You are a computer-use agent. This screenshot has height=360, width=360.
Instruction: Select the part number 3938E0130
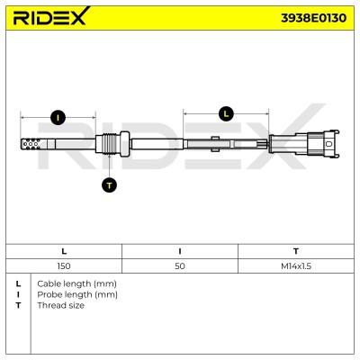tap(313, 18)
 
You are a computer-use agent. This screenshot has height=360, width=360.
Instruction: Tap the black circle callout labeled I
tap(58, 117)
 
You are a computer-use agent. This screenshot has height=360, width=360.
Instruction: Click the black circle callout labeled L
tap(226, 113)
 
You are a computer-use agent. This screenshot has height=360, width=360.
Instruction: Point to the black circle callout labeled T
tap(109, 185)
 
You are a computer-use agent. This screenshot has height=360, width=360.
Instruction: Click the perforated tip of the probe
tap(31, 144)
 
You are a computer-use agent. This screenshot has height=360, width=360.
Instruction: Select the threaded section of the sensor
tap(108, 144)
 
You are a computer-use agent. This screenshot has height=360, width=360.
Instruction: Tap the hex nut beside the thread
tap(124, 144)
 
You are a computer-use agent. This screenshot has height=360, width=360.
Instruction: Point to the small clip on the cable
tap(215, 144)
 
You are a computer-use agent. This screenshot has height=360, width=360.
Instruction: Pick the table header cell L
tap(64, 251)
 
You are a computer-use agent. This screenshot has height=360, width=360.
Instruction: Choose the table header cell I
tap(180, 251)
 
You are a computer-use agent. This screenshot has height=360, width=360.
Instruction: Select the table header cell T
tap(296, 251)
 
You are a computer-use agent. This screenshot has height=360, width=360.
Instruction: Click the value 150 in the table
tap(64, 266)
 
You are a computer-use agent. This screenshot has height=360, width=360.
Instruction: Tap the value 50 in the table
tap(180, 266)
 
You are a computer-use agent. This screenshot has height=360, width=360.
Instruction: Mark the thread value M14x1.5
tap(296, 266)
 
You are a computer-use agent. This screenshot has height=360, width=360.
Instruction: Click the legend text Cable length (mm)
tap(76, 283)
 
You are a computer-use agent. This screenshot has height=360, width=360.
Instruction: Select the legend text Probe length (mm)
tap(77, 294)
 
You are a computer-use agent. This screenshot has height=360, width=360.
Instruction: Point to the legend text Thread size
tap(60, 305)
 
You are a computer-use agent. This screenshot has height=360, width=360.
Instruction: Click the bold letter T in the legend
tap(18, 305)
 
